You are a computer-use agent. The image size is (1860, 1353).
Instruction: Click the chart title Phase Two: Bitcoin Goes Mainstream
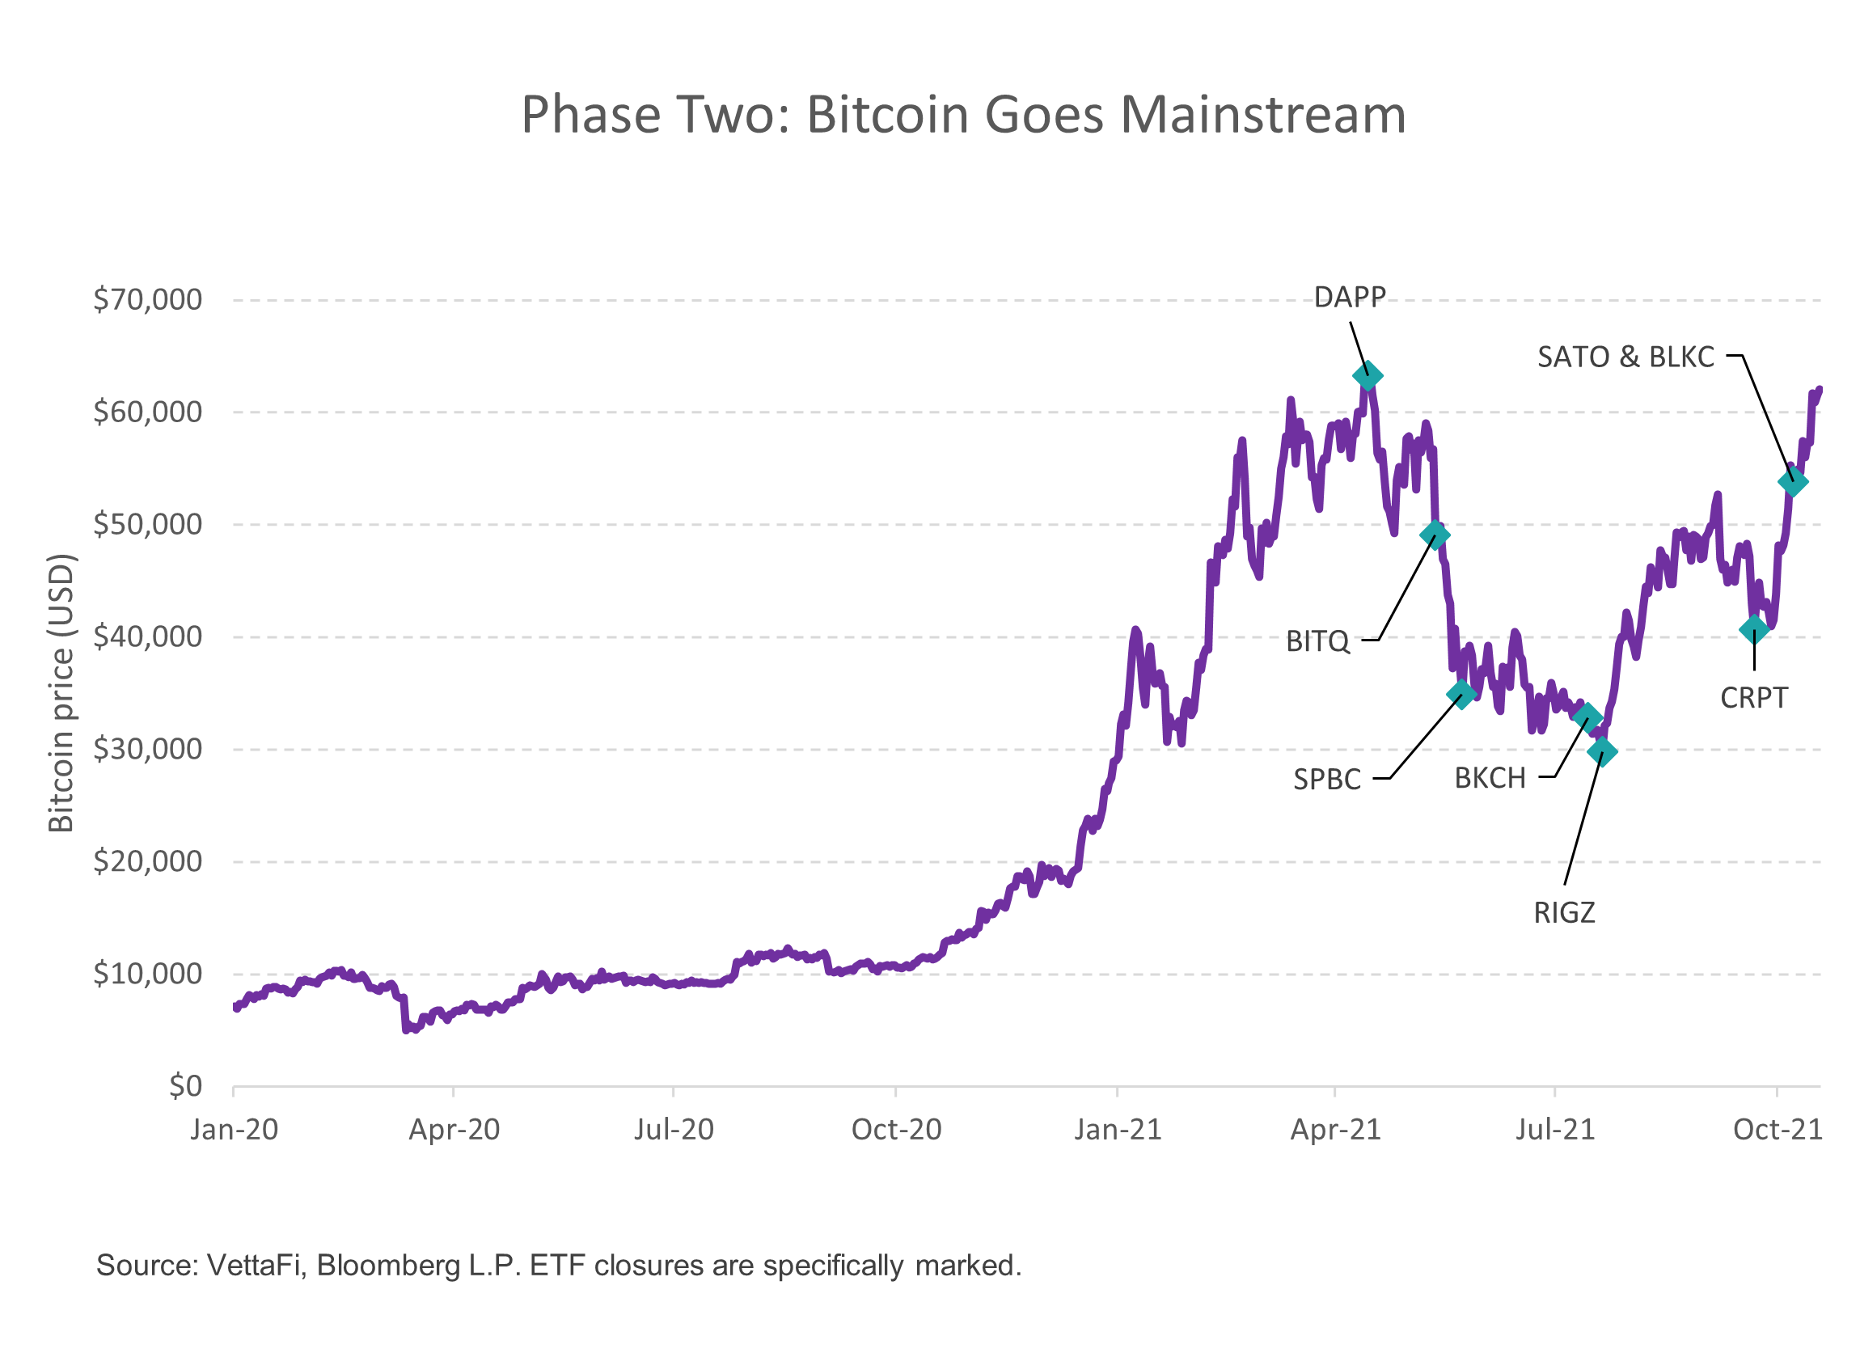click(x=964, y=115)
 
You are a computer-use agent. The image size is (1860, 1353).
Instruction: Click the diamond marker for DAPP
click(x=1368, y=376)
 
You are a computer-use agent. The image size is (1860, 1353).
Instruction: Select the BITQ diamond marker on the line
click(x=1435, y=535)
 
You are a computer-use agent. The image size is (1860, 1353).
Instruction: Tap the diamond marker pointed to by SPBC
click(x=1461, y=694)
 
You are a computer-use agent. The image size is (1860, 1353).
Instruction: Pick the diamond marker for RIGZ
click(x=1603, y=751)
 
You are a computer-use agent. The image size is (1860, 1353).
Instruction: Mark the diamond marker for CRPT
click(x=1754, y=630)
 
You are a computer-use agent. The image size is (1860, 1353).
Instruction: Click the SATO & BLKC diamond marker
click(x=1793, y=483)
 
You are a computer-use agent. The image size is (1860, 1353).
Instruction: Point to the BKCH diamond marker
click(x=1587, y=717)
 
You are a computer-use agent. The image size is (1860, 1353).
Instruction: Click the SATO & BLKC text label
click(x=1625, y=357)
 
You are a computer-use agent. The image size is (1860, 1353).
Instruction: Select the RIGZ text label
click(x=1565, y=914)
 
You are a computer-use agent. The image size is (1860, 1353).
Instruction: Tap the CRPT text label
click(x=1753, y=699)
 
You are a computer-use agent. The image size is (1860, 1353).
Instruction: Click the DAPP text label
click(x=1350, y=297)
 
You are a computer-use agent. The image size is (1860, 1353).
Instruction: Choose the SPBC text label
click(x=1327, y=779)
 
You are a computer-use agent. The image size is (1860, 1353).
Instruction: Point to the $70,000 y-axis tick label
click(x=148, y=300)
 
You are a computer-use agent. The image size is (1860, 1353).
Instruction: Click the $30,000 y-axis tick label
click(x=148, y=750)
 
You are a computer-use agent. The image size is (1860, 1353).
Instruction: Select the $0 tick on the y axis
click(x=185, y=1086)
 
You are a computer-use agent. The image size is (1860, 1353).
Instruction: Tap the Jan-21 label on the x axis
click(x=1118, y=1131)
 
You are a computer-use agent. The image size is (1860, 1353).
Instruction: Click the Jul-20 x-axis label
click(x=674, y=1131)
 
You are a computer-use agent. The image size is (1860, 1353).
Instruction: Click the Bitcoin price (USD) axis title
click(x=62, y=693)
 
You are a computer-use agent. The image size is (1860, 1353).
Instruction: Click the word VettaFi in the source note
click(x=256, y=1266)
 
